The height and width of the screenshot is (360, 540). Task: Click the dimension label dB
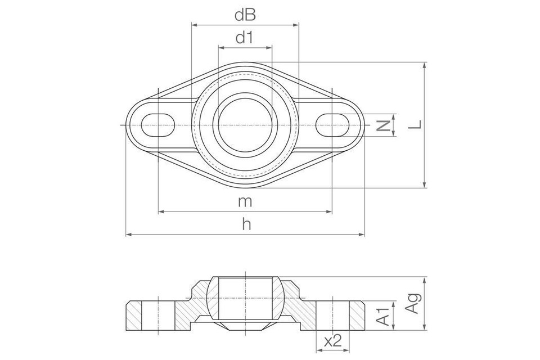[x=245, y=15]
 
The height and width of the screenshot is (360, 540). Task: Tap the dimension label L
[x=414, y=125]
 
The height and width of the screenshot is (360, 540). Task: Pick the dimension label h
[x=245, y=224]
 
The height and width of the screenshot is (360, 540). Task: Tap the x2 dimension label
[x=333, y=341]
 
